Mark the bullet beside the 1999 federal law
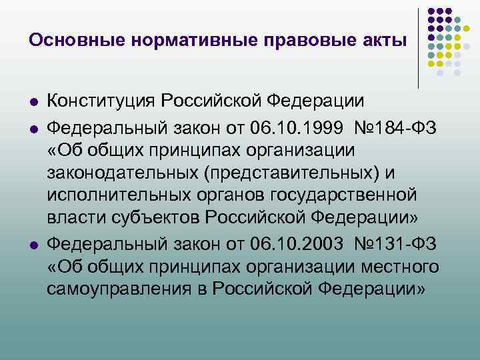(33, 127)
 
